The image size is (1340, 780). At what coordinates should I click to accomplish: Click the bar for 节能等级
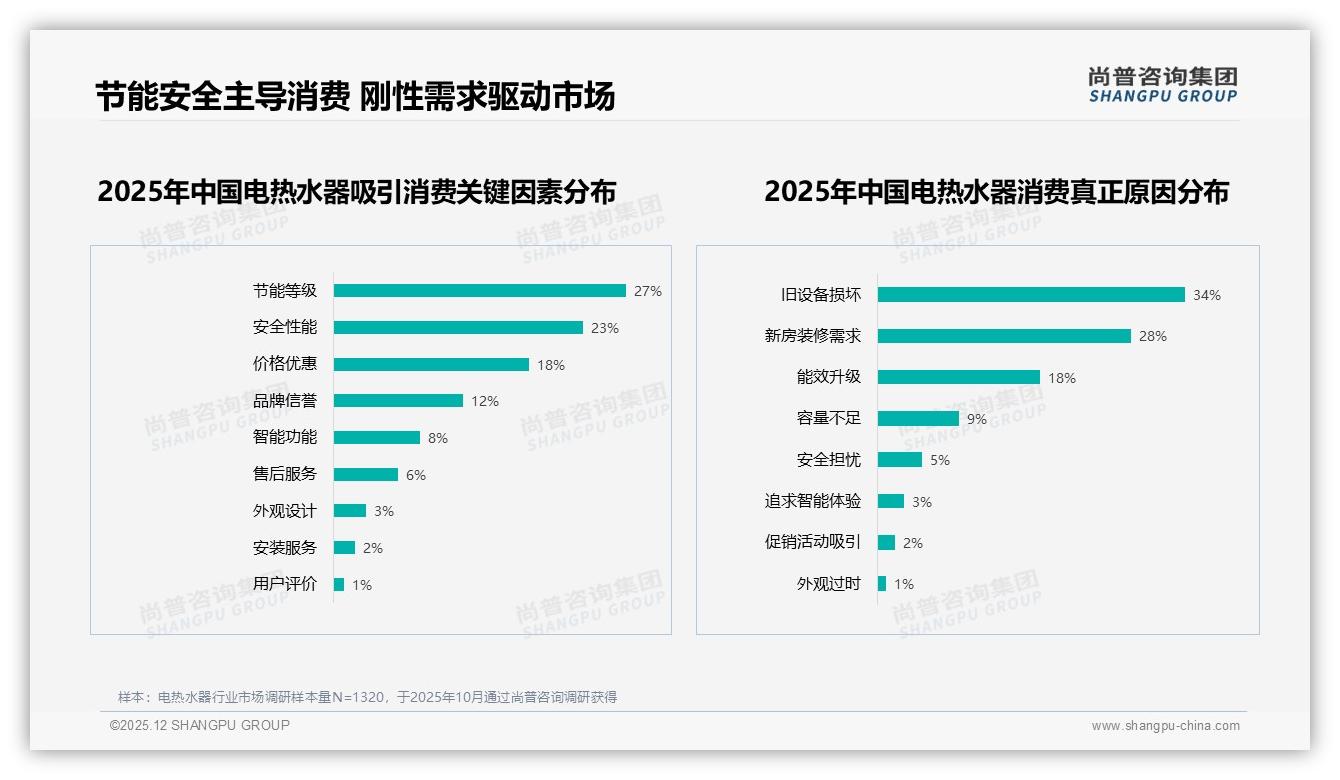click(x=479, y=291)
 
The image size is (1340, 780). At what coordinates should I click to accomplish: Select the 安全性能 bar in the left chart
click(x=458, y=328)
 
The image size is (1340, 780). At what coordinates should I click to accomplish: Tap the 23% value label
click(x=605, y=328)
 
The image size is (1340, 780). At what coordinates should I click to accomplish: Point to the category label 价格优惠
click(x=284, y=364)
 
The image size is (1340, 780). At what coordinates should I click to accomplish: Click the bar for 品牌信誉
click(x=398, y=401)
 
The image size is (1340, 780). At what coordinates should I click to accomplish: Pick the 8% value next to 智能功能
click(x=438, y=438)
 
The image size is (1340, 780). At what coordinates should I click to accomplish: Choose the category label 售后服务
click(x=284, y=474)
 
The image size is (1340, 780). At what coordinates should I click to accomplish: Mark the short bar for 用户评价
click(x=339, y=585)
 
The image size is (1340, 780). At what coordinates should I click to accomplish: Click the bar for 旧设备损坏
click(x=1031, y=295)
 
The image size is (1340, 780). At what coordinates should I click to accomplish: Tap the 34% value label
click(x=1207, y=295)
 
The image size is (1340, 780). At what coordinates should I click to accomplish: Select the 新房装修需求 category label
click(x=812, y=336)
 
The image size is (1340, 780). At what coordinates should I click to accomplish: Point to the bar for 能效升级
click(x=959, y=378)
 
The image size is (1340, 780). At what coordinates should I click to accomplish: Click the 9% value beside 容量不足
click(x=977, y=419)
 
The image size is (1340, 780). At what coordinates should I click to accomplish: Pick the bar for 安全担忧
click(x=900, y=460)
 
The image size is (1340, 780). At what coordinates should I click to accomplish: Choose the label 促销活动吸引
click(x=812, y=542)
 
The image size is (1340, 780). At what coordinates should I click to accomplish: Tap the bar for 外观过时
click(x=882, y=584)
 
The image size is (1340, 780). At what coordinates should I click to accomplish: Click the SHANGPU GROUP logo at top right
click(x=1163, y=85)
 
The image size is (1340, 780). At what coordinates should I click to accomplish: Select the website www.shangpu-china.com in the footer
click(x=1165, y=726)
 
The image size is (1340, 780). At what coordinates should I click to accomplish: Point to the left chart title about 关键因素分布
click(x=357, y=192)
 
